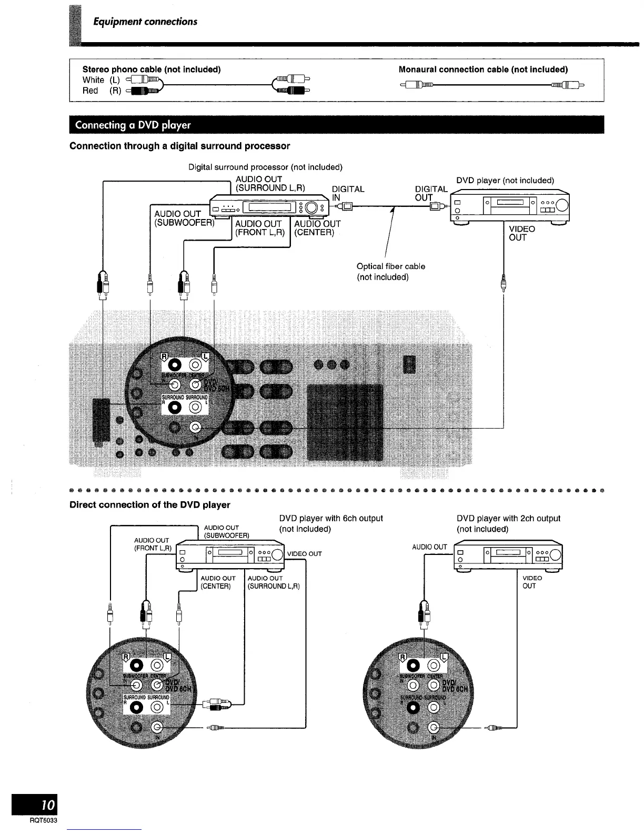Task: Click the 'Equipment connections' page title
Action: click(x=145, y=22)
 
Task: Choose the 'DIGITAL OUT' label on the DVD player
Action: click(x=430, y=193)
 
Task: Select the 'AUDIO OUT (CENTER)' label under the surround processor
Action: click(x=317, y=228)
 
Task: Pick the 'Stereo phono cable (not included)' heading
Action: click(x=152, y=69)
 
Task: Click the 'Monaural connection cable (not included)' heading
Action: click(x=483, y=69)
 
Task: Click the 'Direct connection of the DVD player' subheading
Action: click(x=150, y=505)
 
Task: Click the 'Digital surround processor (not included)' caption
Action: click(x=265, y=167)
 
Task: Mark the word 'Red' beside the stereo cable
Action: click(x=90, y=91)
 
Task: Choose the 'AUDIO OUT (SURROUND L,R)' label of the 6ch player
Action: click(x=273, y=582)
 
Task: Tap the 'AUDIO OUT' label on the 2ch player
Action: click(x=429, y=547)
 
